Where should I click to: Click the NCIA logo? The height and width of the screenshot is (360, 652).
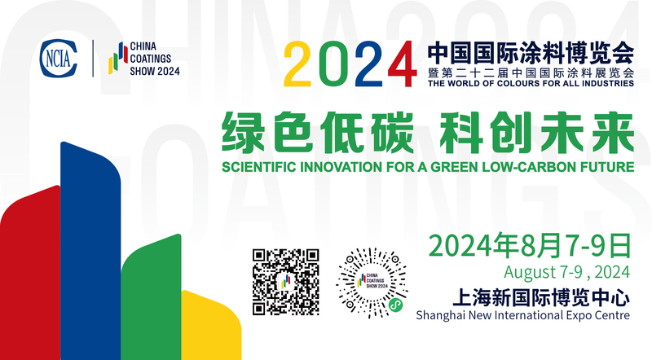59,58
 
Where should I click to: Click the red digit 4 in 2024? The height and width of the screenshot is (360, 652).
402,64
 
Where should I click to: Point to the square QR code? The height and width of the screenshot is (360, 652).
286,282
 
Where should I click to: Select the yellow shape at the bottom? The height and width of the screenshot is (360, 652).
211,325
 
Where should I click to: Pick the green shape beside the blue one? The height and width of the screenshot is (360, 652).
151,296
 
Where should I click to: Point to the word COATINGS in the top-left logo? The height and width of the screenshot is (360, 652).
151,59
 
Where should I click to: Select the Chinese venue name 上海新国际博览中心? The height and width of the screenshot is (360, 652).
541,298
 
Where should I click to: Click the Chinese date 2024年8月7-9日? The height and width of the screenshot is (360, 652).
530,246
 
